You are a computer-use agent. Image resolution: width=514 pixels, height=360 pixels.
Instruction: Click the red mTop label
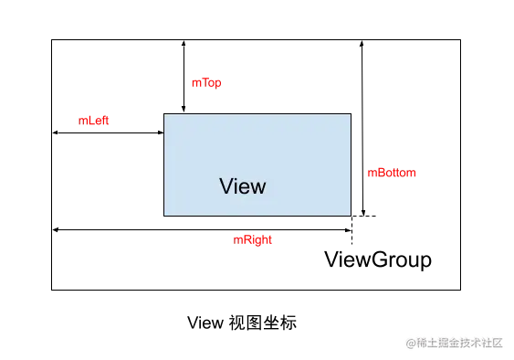(x=206, y=82)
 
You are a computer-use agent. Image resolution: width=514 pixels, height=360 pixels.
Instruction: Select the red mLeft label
(x=93, y=122)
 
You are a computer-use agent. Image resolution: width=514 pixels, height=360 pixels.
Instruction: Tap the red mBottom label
(x=391, y=173)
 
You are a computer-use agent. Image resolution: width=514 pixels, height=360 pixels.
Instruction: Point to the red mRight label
(x=254, y=240)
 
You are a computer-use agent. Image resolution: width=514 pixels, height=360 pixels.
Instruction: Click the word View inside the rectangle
(x=243, y=186)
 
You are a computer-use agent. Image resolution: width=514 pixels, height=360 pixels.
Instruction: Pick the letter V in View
(x=226, y=186)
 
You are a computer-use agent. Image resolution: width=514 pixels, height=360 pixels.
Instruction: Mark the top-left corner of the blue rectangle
(x=163, y=112)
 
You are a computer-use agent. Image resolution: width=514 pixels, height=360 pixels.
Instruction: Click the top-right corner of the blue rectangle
(x=350, y=112)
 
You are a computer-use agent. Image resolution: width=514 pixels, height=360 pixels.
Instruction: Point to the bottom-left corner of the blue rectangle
(x=163, y=217)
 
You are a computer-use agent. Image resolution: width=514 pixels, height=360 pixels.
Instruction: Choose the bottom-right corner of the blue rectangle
(x=350, y=217)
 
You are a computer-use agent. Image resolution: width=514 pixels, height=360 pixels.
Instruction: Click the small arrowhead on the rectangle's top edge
(x=184, y=111)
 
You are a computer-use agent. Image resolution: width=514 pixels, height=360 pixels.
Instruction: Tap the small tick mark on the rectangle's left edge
(x=162, y=132)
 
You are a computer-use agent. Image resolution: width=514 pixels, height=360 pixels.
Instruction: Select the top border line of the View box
(x=265, y=112)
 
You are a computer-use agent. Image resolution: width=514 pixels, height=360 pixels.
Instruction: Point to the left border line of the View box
(x=163, y=174)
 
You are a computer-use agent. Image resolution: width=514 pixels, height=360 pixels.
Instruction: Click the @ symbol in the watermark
(x=410, y=343)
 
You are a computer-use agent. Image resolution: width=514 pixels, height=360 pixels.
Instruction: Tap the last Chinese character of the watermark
(x=497, y=343)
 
